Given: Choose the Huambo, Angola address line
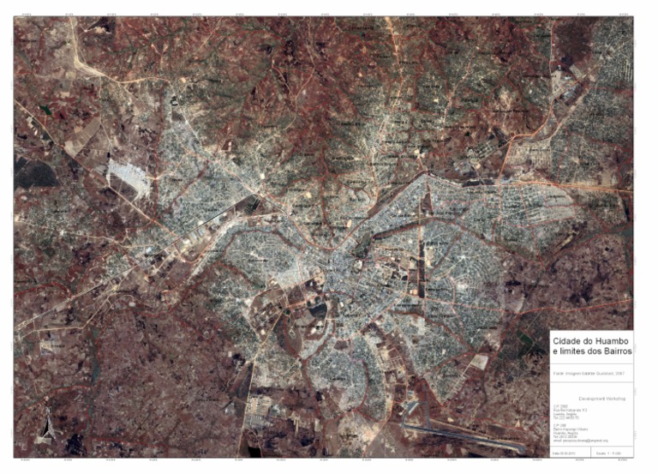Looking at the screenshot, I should (565, 431).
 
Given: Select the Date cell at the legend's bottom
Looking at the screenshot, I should (564, 452).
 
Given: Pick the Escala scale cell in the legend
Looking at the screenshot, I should (609, 452).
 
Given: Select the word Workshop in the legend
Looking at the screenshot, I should (616, 399).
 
